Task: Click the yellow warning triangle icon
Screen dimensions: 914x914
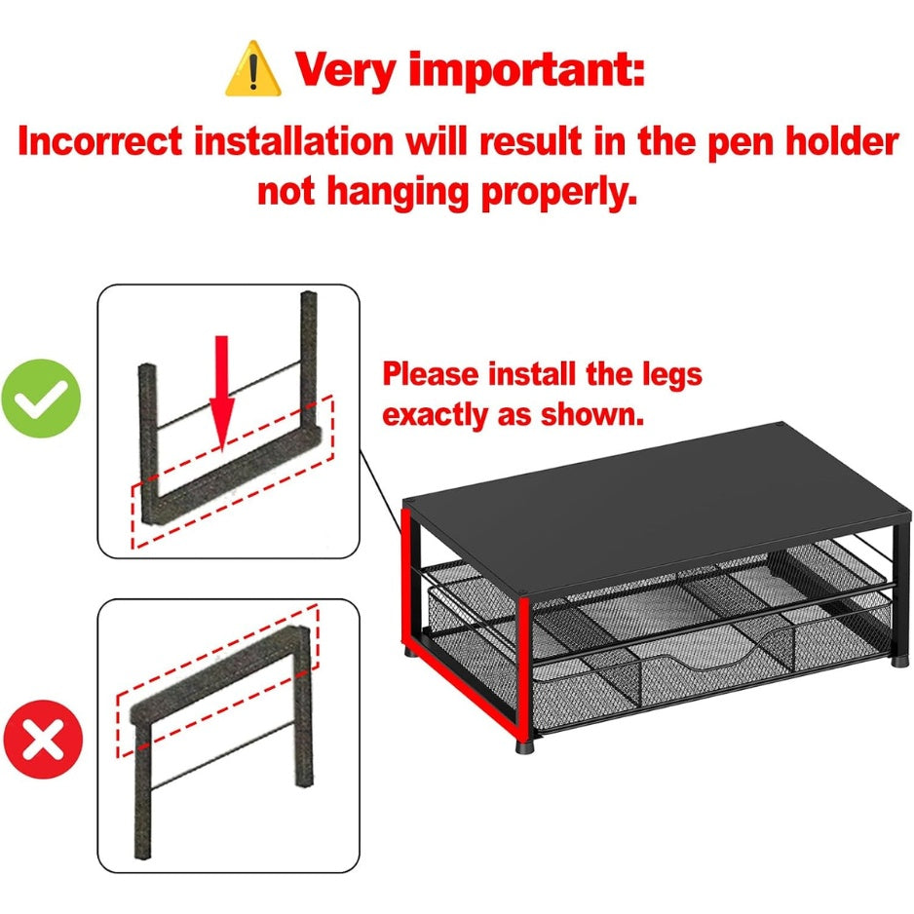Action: [x=253, y=69]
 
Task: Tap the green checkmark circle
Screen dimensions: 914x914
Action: [x=41, y=399]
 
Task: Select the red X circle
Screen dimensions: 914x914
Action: [x=43, y=739]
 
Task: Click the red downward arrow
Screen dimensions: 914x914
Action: [x=221, y=394]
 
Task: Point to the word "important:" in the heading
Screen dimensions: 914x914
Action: [x=527, y=70]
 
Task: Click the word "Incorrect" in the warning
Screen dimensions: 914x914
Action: [x=99, y=141]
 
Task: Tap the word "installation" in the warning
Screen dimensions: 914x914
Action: [x=294, y=141]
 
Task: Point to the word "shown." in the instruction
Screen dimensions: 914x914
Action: [x=592, y=415]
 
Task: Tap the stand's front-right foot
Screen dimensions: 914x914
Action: [x=898, y=662]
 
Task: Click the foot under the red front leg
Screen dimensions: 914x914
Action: [x=524, y=746]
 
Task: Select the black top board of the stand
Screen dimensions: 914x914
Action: [x=656, y=506]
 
